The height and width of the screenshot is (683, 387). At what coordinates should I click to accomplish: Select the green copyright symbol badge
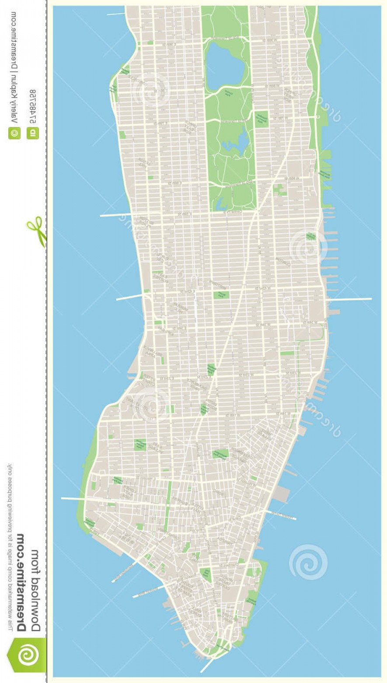point(14,133)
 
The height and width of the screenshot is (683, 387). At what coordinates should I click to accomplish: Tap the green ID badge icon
point(33,133)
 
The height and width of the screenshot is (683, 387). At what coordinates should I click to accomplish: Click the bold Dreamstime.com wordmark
point(24,583)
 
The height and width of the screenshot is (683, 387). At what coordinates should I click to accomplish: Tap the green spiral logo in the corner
point(26,655)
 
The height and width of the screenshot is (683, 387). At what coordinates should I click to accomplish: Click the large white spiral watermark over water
point(308,562)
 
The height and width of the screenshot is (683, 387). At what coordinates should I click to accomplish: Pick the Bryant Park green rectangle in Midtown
point(221,295)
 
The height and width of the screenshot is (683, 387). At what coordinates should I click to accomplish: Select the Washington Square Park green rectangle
point(220,454)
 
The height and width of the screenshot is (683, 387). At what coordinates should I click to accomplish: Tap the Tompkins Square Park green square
point(140,444)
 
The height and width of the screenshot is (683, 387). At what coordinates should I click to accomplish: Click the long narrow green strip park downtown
point(168,503)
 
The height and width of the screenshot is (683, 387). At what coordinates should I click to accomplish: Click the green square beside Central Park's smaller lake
point(261,118)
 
